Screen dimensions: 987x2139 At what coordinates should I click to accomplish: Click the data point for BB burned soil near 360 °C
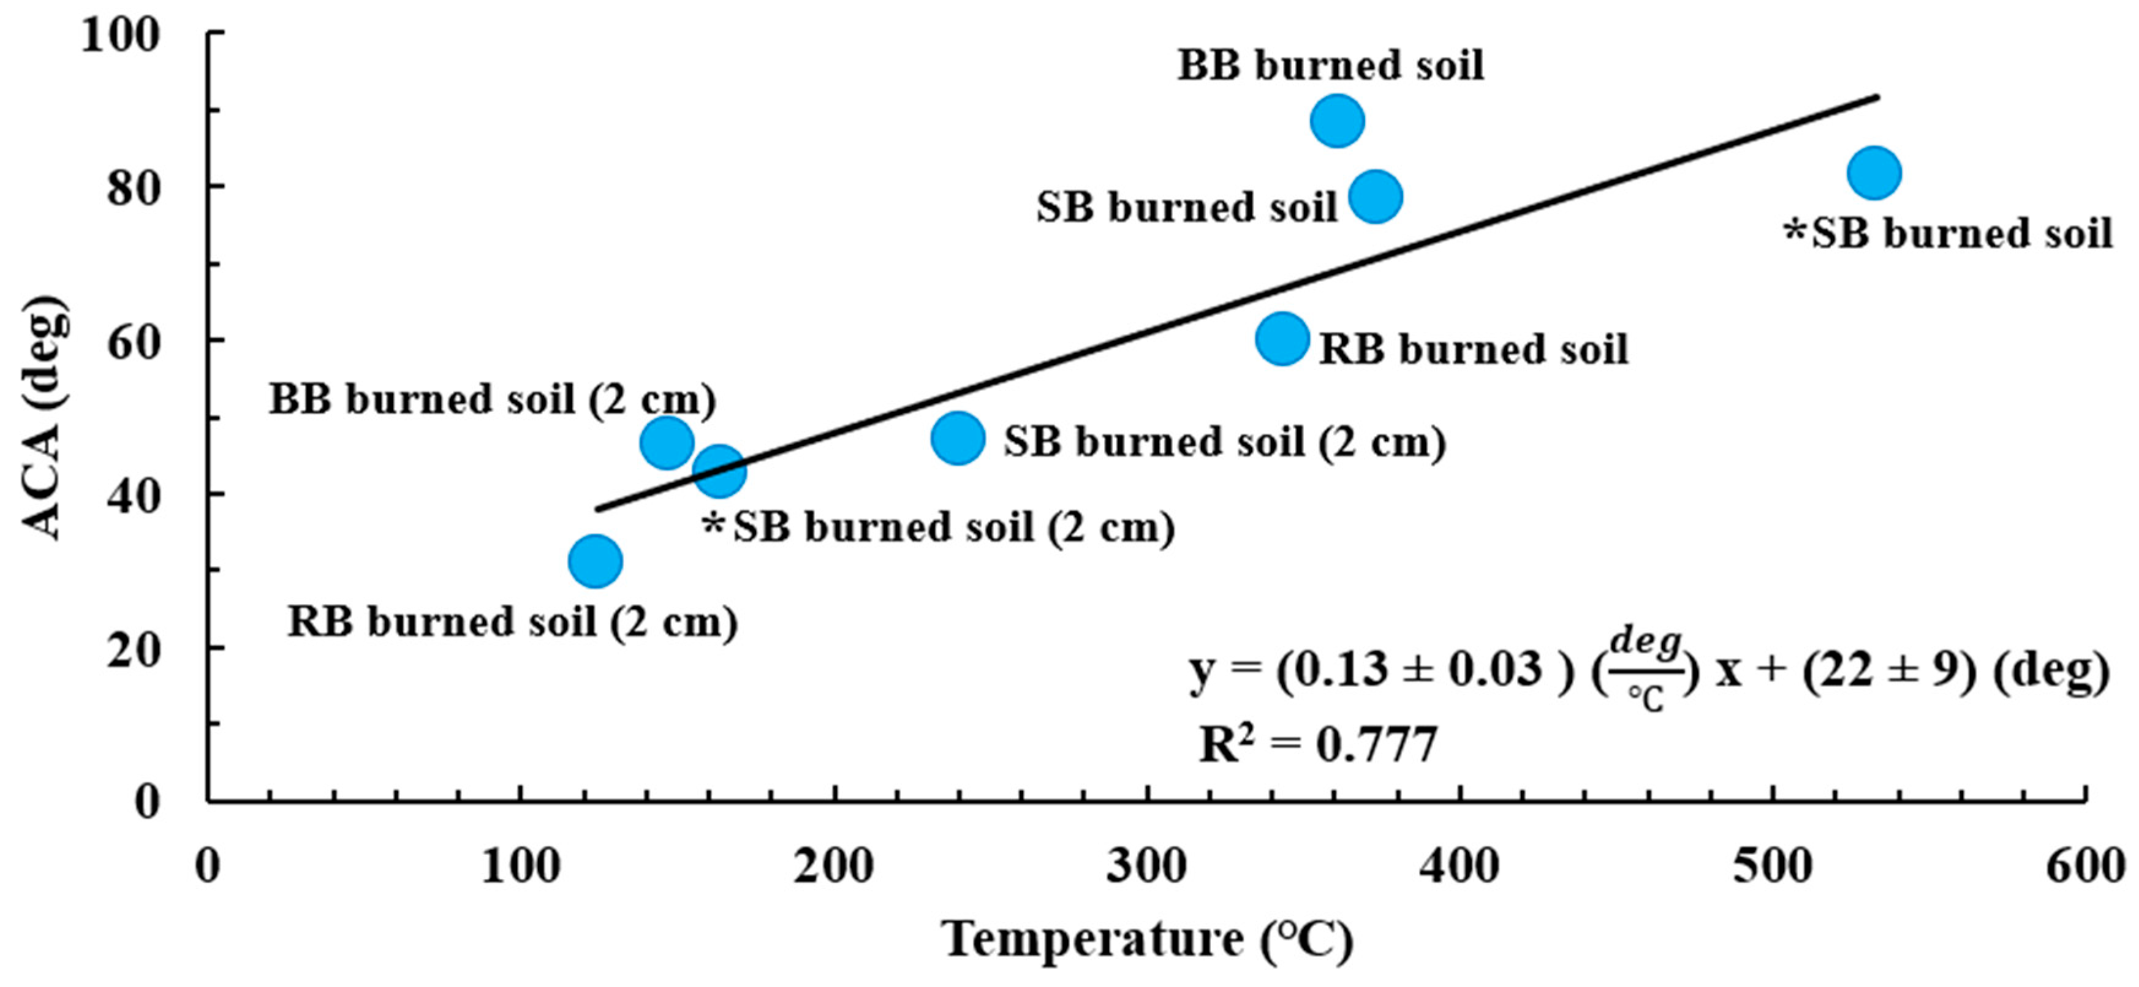click(1337, 120)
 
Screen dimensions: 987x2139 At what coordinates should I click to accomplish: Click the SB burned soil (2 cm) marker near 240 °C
click(958, 437)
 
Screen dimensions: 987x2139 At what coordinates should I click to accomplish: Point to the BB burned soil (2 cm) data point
click(667, 442)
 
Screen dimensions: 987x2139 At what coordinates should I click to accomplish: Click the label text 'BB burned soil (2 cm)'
click(491, 399)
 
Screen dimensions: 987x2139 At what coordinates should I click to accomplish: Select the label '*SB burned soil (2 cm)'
click(938, 527)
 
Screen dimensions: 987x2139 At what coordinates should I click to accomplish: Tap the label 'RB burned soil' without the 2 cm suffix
click(1473, 349)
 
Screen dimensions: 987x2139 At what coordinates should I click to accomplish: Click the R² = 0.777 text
click(1318, 744)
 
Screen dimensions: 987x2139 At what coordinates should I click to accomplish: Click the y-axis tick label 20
click(133, 649)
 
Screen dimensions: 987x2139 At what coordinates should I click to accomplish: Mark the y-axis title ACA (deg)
click(42, 417)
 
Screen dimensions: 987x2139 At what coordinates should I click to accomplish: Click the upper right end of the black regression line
click(1875, 98)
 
